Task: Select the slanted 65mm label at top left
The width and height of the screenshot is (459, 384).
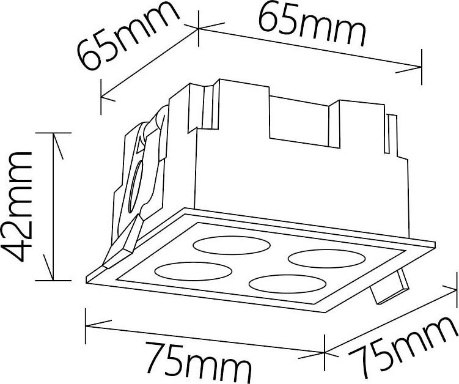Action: pyautogui.click(x=128, y=36)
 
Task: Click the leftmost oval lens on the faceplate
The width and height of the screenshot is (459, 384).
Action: pyautogui.click(x=193, y=271)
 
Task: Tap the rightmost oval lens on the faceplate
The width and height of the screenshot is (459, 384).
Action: pyautogui.click(x=327, y=258)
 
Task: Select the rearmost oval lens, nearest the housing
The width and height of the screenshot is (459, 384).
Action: pyautogui.click(x=232, y=245)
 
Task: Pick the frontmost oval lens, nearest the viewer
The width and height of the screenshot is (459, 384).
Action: pyautogui.click(x=287, y=284)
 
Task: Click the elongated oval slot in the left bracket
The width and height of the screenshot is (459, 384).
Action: pyautogui.click(x=134, y=186)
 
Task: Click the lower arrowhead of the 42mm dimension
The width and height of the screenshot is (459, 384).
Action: pyautogui.click(x=49, y=267)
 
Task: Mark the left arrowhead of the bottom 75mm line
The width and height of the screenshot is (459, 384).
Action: pyautogui.click(x=98, y=323)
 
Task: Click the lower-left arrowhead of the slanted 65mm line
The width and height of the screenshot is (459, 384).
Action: pyautogui.click(x=108, y=98)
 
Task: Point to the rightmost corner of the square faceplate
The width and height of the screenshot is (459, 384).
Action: pyautogui.click(x=435, y=242)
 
